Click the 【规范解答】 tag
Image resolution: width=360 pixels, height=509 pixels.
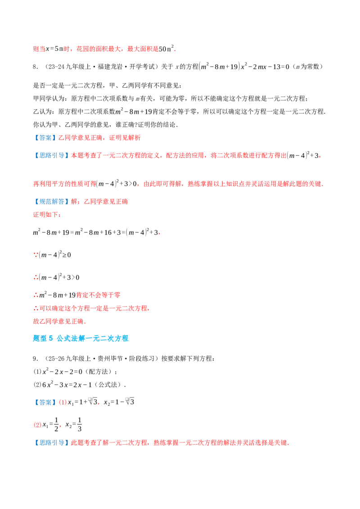tap(52, 201)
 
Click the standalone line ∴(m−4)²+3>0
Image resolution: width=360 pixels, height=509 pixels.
tap(56, 277)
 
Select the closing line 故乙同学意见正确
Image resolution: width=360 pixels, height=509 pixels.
tap(58, 321)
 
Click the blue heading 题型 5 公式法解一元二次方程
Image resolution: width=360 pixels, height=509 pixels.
tap(81, 338)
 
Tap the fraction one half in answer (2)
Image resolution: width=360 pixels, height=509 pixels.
tap(56, 424)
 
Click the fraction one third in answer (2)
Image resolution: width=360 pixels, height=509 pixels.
tap(79, 424)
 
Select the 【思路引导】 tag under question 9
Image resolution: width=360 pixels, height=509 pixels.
tap(52, 443)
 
